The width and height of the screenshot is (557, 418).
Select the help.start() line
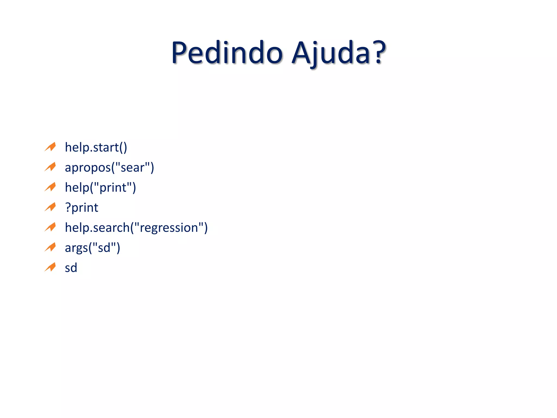click(x=96, y=147)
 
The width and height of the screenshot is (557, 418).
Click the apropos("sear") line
click(x=109, y=168)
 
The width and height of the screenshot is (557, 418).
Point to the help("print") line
click(x=100, y=188)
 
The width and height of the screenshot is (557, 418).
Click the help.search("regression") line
click(x=136, y=228)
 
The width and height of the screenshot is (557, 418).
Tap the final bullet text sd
click(x=71, y=268)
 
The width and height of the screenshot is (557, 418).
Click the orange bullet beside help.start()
click(x=50, y=147)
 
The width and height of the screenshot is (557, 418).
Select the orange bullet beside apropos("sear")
click(x=50, y=167)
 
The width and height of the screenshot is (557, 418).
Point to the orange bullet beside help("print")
click(x=50, y=187)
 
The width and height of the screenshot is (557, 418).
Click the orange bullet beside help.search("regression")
click(x=50, y=227)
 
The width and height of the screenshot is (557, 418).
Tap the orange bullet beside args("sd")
click(x=50, y=247)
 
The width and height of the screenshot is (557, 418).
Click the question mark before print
click(x=68, y=208)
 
